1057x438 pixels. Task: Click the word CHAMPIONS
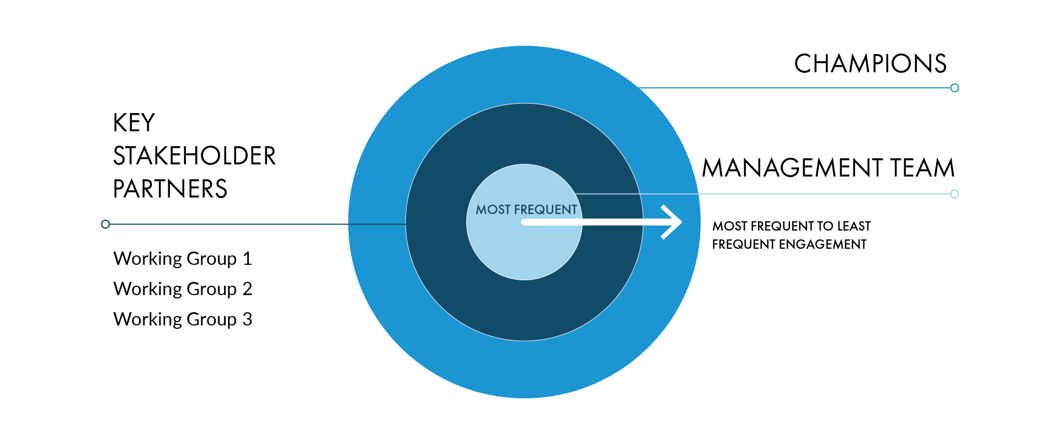coord(870,64)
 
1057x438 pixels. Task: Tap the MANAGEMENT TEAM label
coord(828,168)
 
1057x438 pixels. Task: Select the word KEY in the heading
coord(134,123)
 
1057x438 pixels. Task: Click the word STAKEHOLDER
coord(194,156)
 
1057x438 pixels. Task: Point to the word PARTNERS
coord(170,189)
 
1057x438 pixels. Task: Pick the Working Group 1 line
coord(183,259)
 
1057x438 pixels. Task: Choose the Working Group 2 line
coord(183,289)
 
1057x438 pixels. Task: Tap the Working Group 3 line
coord(183,319)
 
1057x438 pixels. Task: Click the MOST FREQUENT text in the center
coord(526,210)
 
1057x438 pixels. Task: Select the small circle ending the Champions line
coord(954,88)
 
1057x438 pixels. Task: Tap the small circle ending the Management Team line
coord(954,194)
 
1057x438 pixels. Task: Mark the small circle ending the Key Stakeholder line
coord(105,224)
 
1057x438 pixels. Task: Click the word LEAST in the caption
coord(854,226)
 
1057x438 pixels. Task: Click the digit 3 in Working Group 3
coord(247,319)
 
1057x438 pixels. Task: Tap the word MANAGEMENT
coord(792,168)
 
